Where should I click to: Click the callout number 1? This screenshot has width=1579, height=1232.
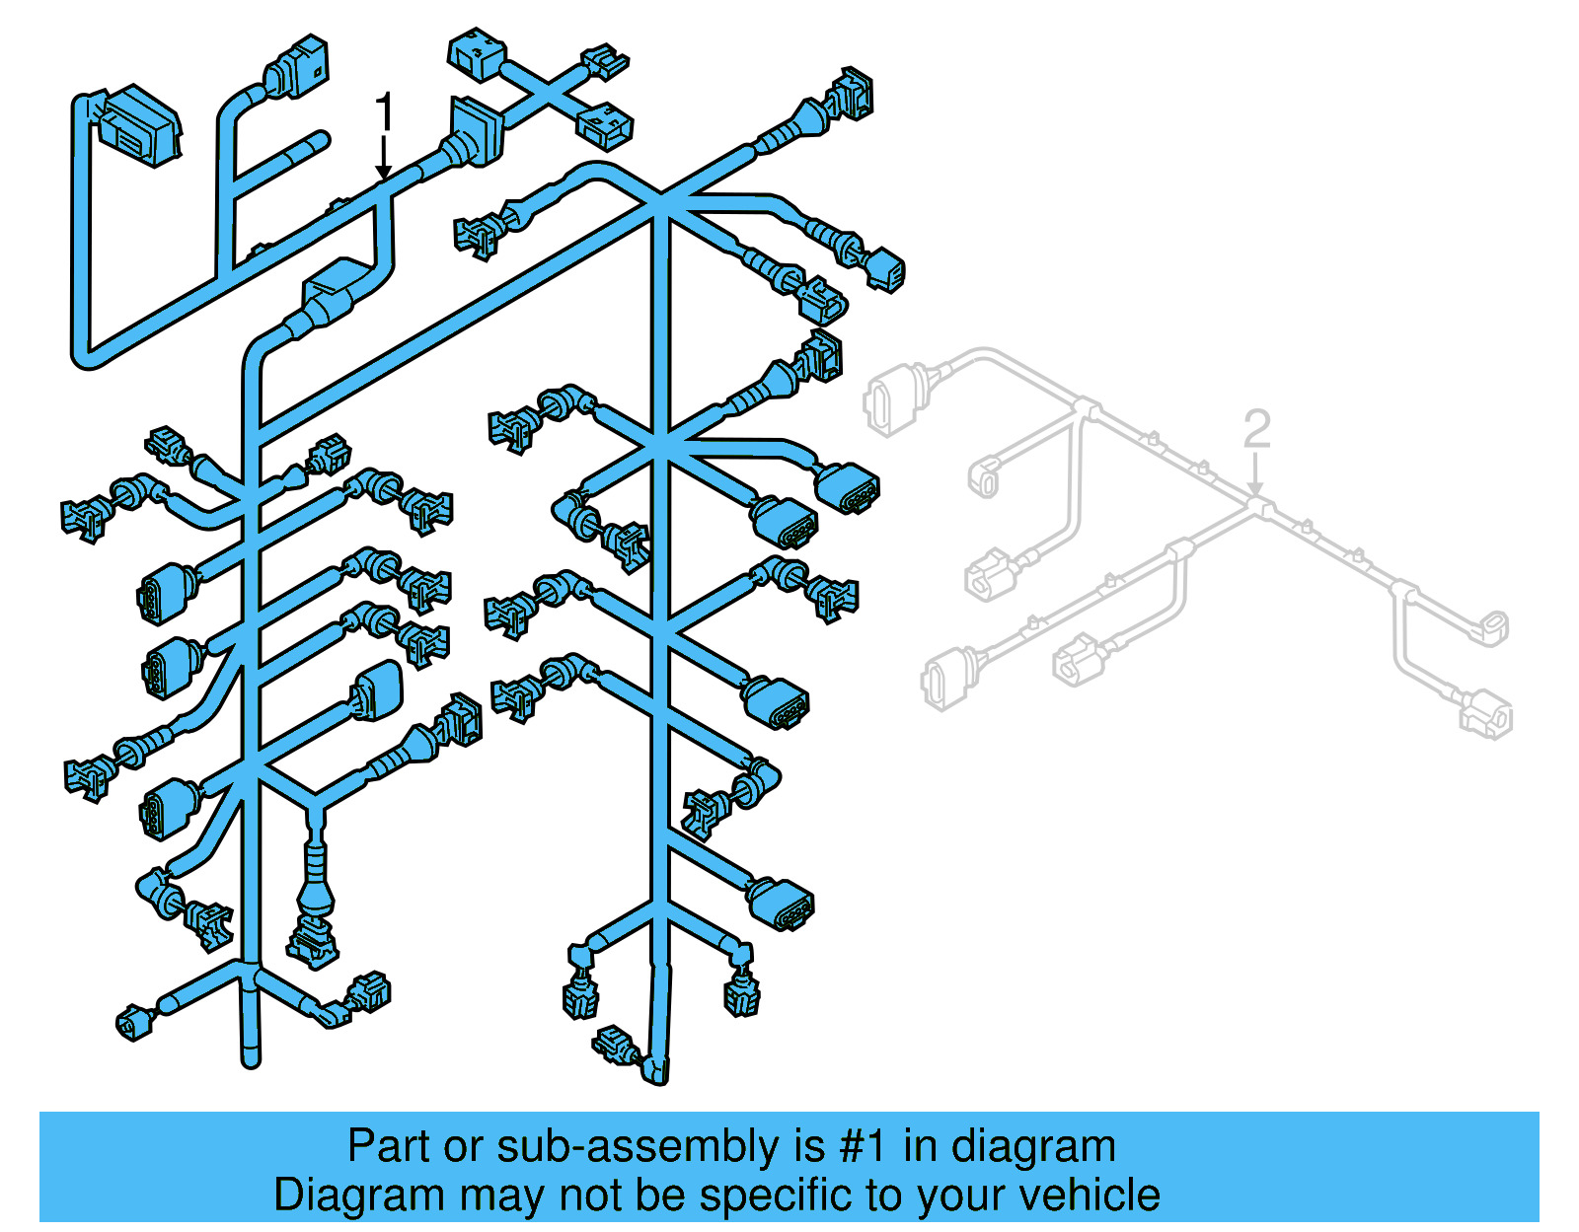[x=385, y=111]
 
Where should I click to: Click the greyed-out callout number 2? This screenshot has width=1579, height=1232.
[x=1256, y=429]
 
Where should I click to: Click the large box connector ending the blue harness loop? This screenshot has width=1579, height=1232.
[x=139, y=123]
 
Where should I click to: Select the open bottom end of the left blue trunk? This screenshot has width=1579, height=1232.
[x=252, y=1059]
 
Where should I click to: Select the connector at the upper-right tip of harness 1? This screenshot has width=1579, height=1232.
[x=851, y=94]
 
